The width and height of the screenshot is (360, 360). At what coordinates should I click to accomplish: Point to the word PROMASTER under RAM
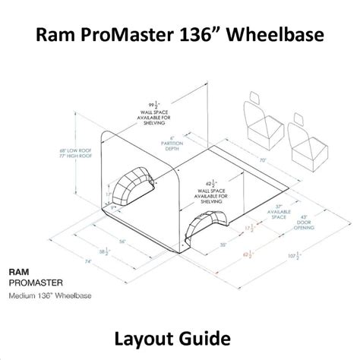click(x=35, y=281)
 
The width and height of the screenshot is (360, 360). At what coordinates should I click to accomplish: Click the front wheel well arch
click(x=210, y=226)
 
